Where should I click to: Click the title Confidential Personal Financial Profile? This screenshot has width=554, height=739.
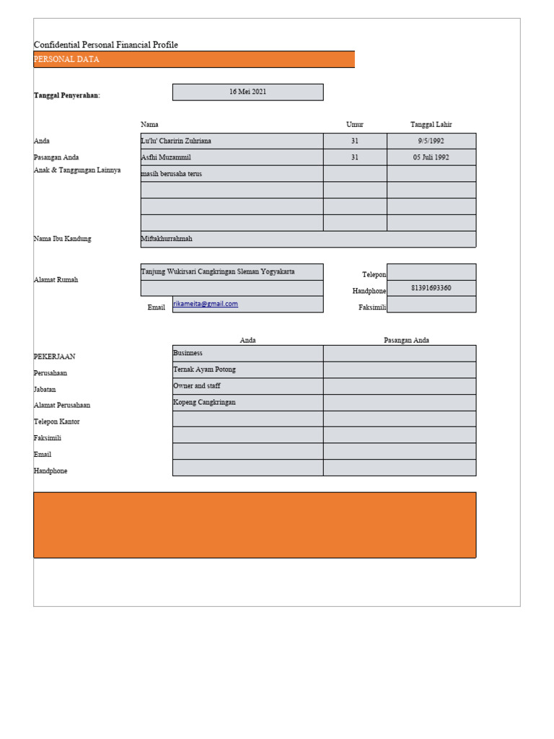click(x=105, y=45)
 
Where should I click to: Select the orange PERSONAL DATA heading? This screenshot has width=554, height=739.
click(x=66, y=60)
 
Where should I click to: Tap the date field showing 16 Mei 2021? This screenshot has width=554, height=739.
click(x=247, y=92)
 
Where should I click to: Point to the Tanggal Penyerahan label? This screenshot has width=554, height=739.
click(x=66, y=95)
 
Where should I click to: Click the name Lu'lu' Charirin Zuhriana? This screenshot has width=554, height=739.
click(x=176, y=141)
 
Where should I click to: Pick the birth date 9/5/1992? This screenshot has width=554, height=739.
click(x=431, y=141)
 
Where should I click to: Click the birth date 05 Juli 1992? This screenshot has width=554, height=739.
click(x=431, y=157)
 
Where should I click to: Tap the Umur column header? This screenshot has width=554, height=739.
click(x=355, y=125)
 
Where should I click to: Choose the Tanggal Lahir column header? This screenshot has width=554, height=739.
click(x=431, y=125)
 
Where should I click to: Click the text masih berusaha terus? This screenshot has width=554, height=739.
click(x=171, y=173)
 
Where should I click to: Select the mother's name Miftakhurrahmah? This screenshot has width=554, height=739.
click(x=167, y=239)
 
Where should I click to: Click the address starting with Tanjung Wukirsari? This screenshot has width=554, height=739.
click(x=217, y=272)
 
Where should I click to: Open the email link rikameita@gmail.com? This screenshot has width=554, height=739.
click(x=206, y=304)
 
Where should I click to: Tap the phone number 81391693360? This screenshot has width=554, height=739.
click(x=431, y=288)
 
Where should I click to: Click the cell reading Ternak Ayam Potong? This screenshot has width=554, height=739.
click(x=204, y=369)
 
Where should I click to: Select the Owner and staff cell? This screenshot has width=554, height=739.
click(x=196, y=386)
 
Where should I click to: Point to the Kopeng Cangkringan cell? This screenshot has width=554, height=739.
click(x=204, y=402)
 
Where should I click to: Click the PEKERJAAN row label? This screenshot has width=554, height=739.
click(x=54, y=357)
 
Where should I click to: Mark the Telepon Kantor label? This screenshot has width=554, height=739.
click(x=56, y=421)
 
